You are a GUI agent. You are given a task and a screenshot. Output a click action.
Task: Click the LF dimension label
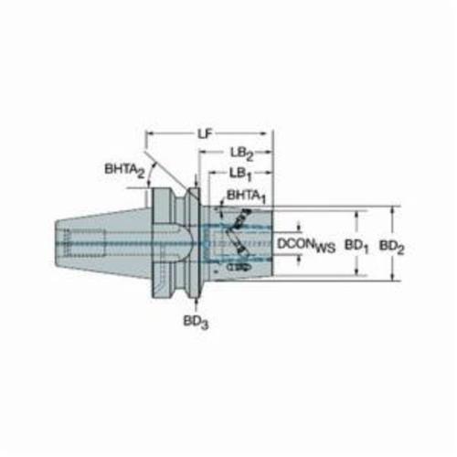205,134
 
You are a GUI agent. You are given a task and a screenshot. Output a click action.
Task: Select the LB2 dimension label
242,154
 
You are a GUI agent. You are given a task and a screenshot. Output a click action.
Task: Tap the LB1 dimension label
240,175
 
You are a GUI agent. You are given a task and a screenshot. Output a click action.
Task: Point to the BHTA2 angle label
124,171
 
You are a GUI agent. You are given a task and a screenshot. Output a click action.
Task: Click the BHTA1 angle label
246,197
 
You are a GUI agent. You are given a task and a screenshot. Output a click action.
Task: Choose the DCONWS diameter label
306,245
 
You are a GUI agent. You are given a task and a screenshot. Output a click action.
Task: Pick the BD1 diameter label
356,246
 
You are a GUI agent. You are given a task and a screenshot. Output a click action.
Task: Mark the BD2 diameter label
391,246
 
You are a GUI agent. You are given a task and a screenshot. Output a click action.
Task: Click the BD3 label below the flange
196,322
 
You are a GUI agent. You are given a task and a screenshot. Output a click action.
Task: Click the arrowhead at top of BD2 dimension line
393,210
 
